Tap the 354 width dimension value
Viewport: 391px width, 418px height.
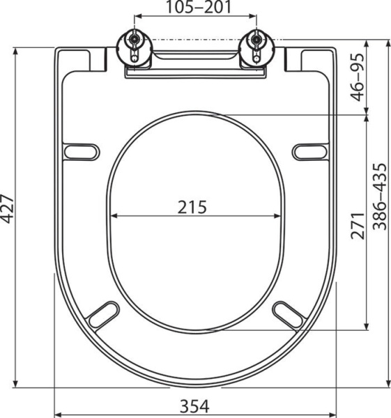click(196, 404)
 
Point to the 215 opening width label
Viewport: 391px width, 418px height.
click(195, 206)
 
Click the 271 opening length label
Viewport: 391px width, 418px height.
click(358, 225)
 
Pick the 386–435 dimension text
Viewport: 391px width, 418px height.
click(380, 196)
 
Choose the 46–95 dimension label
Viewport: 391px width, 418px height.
click(358, 77)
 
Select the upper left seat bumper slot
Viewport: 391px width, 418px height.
click(81, 150)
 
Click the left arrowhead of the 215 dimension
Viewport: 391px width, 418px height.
click(113, 216)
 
